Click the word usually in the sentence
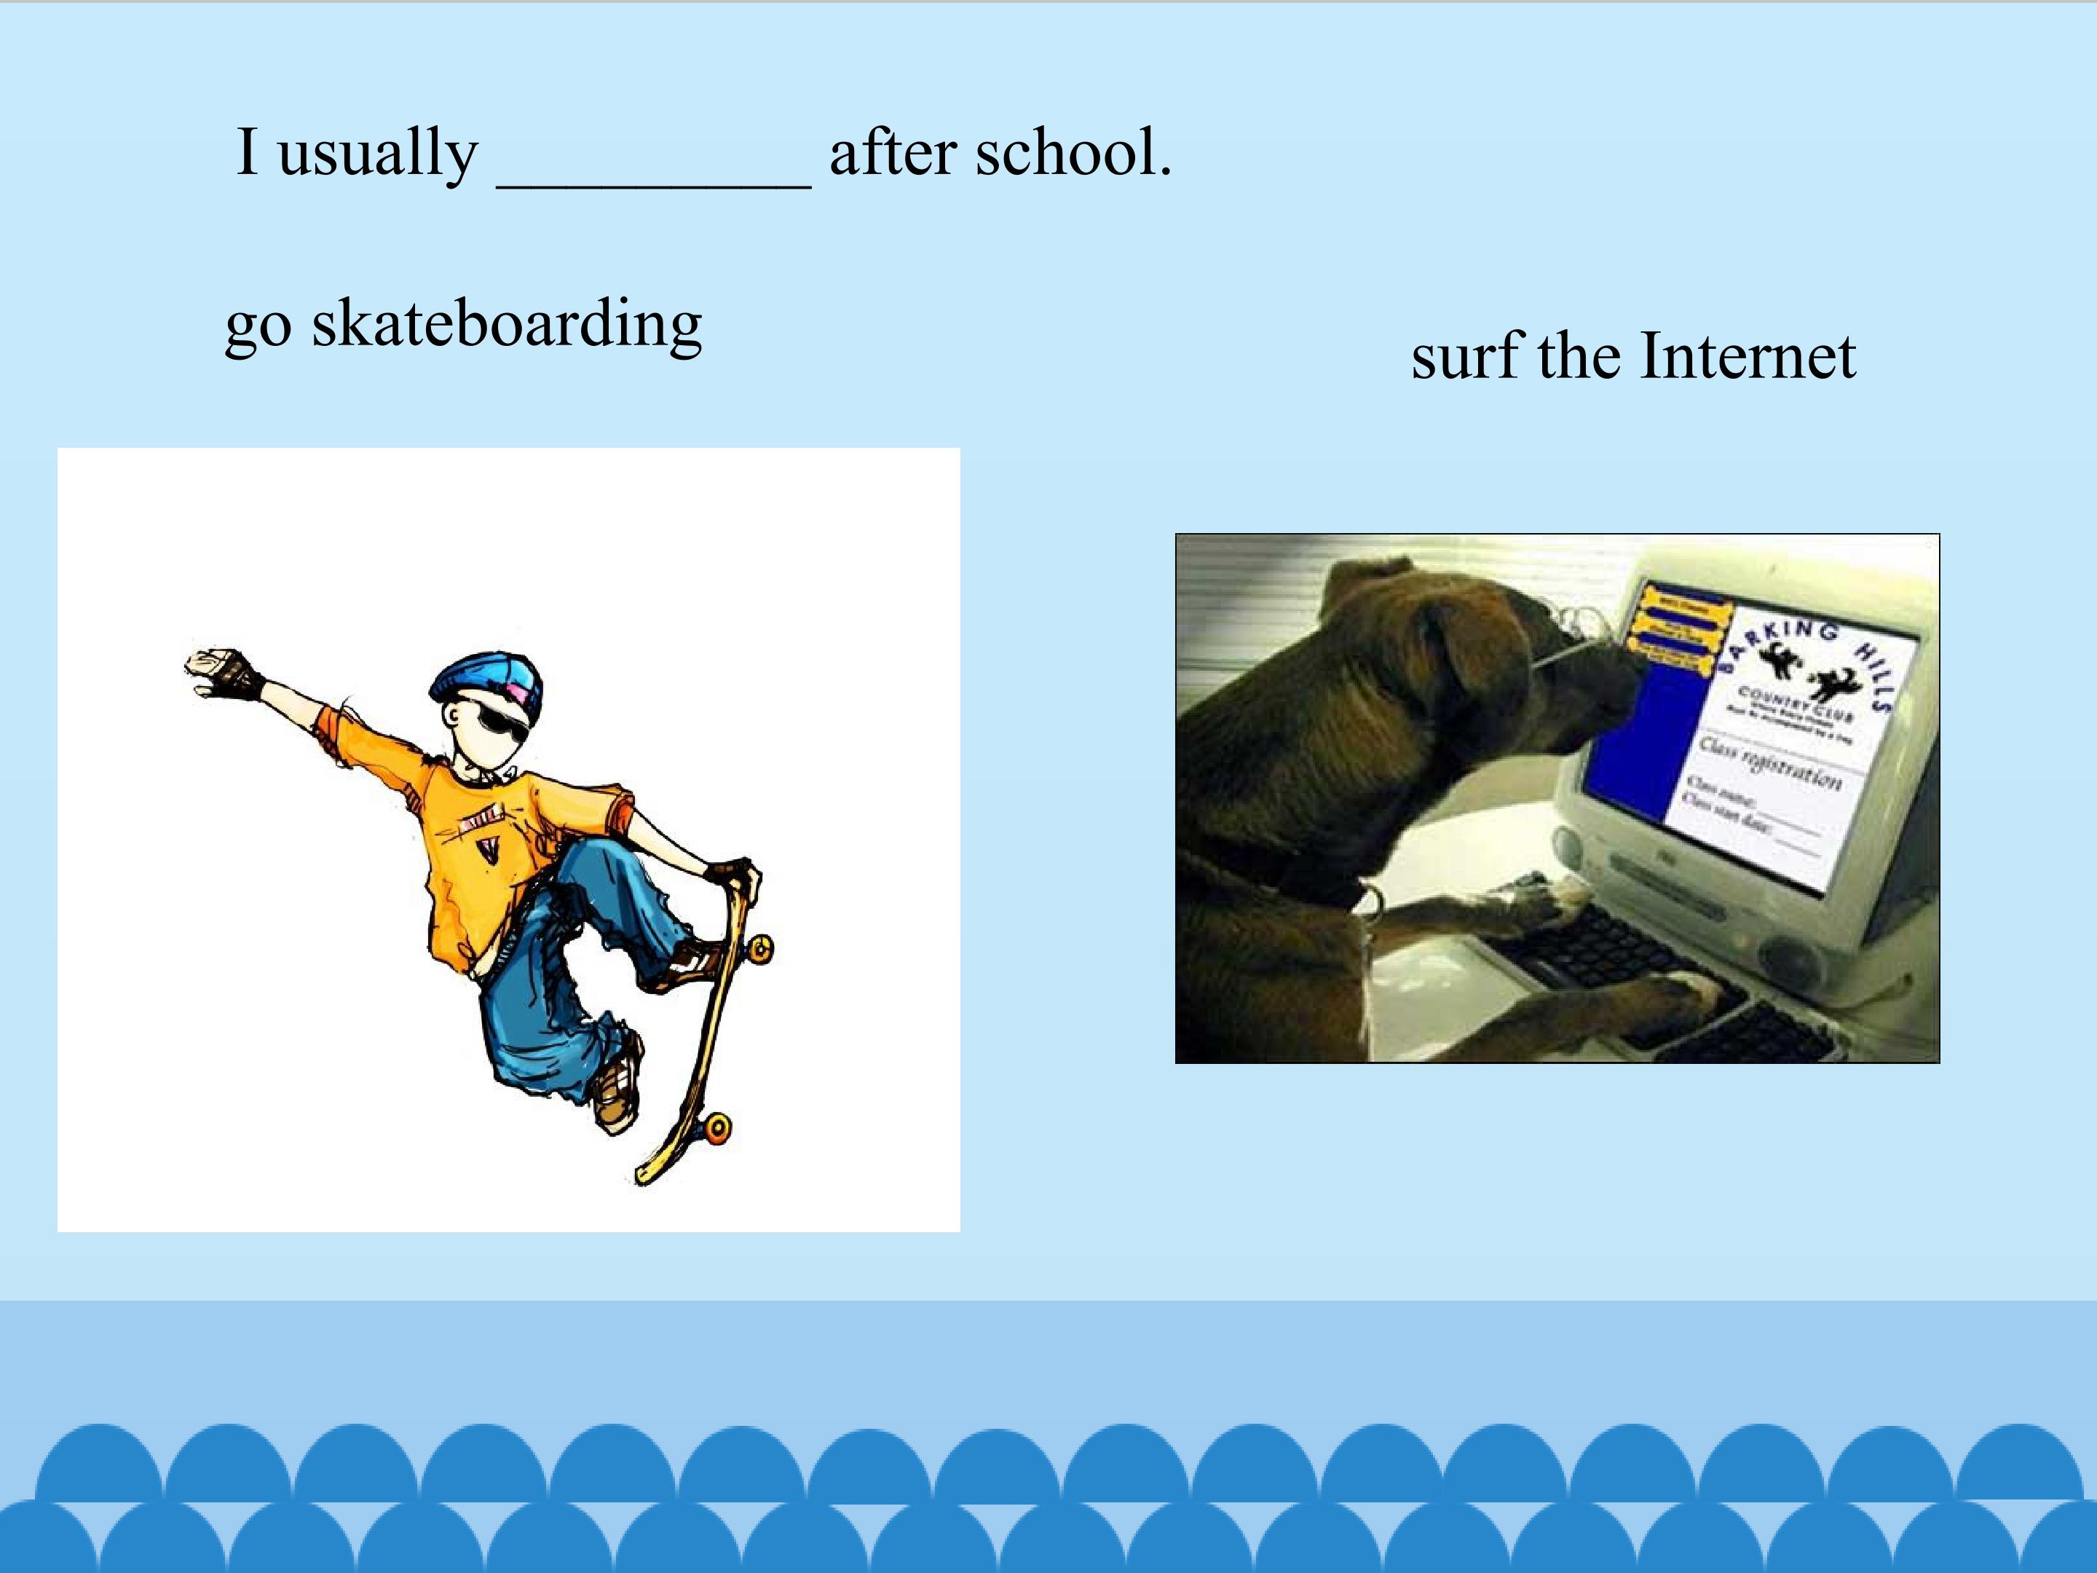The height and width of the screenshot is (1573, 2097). [x=377, y=154]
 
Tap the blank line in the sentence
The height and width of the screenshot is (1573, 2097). [x=654, y=185]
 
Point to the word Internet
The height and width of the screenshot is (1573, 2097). [x=1747, y=357]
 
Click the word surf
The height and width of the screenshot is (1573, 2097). [x=1467, y=357]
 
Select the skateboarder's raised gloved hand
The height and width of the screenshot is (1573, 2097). [x=222, y=672]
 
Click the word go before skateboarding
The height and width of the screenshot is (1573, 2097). [x=257, y=326]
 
